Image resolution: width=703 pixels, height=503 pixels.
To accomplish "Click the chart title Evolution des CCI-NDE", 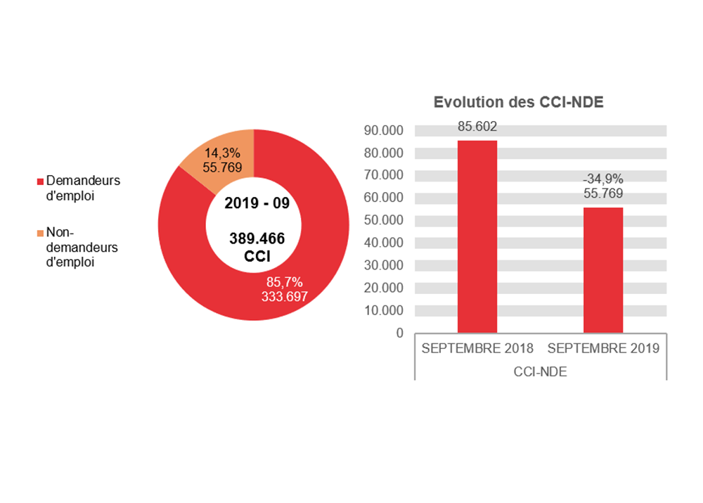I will pos(519,102).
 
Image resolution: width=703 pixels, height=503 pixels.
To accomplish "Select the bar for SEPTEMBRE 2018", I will pos(477,236).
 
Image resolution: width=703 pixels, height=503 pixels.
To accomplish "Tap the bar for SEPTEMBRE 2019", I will pos(603,269).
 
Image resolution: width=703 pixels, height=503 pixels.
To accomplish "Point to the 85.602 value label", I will pos(477,127).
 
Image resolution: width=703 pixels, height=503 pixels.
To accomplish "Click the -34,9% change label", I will pos(603,179).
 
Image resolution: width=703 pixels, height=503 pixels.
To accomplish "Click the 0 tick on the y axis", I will pos(400,333).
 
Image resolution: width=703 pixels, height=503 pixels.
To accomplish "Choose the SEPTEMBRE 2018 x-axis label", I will pos(477,348).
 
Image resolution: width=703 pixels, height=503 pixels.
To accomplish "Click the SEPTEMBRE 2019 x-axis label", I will pos(603,348).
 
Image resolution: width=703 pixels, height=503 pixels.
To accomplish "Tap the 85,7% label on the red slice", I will pos(284,282).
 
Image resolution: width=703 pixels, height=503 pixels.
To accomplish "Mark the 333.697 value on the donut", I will pos(284,296).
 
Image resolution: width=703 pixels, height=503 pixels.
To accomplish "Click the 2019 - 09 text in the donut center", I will pos(257,203).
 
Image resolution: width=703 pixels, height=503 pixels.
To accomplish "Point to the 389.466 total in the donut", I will pos(257,238).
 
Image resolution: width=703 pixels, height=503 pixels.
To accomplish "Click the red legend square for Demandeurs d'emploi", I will pos(40,182).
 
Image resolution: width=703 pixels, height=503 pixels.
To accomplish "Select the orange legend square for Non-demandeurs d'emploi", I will pos(40,233).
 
